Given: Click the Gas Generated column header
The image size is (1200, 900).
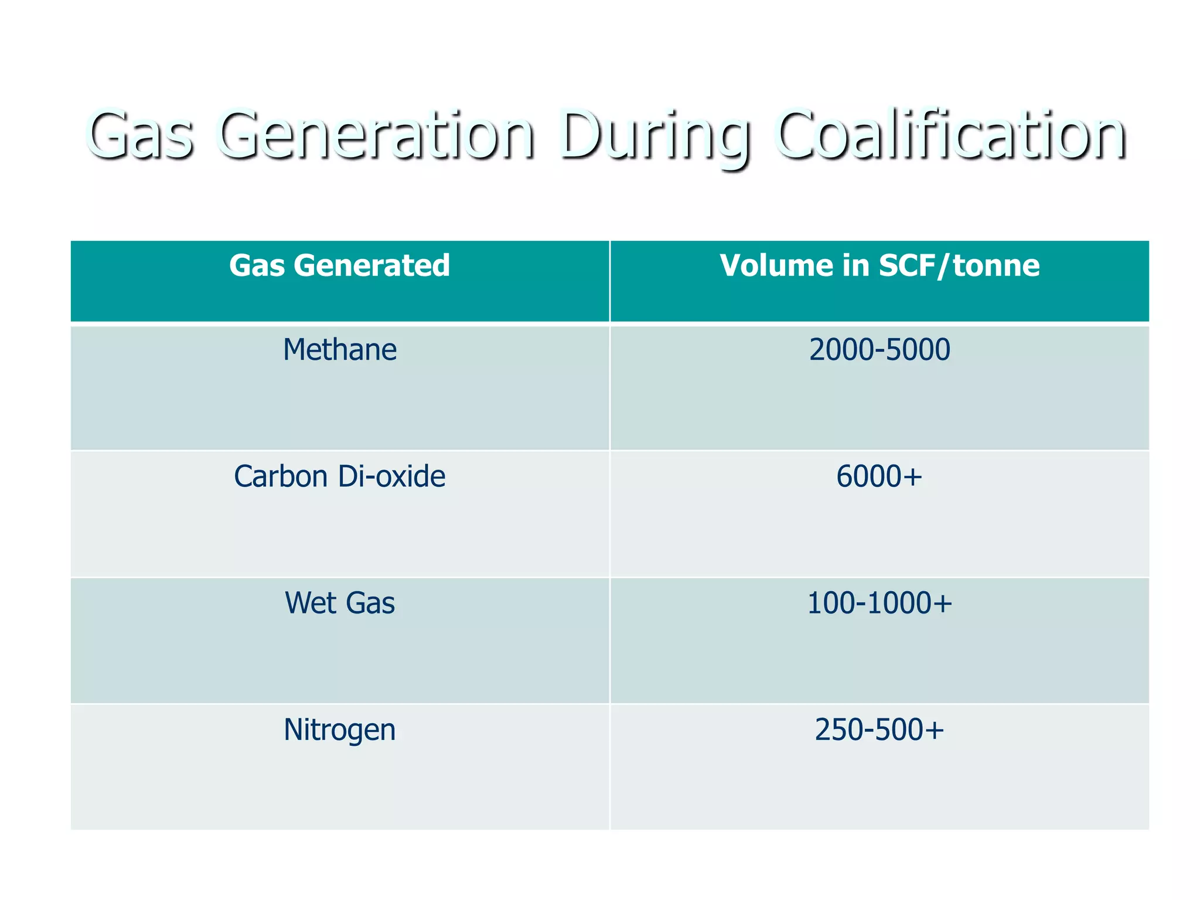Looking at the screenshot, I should [x=339, y=265].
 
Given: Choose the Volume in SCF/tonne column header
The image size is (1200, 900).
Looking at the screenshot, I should [x=879, y=265].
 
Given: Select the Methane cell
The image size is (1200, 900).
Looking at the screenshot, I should [x=339, y=350].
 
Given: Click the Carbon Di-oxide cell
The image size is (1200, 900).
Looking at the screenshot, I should [x=339, y=476].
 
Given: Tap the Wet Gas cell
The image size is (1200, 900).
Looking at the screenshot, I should [x=339, y=603].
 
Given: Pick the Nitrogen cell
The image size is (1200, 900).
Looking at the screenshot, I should [x=339, y=730].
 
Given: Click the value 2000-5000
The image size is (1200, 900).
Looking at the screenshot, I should [x=879, y=350].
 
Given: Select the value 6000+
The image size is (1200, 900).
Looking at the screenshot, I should [x=879, y=476].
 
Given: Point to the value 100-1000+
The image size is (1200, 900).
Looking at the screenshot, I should [x=879, y=603].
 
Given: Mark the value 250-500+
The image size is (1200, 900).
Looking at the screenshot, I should [x=879, y=730].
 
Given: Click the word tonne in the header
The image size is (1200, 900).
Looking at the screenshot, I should [x=996, y=265].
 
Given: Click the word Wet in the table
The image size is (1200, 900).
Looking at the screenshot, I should [x=309, y=603].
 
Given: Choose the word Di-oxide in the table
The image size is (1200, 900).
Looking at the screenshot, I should [x=391, y=476].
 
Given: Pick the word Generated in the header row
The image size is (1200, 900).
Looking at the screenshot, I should [x=372, y=265].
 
